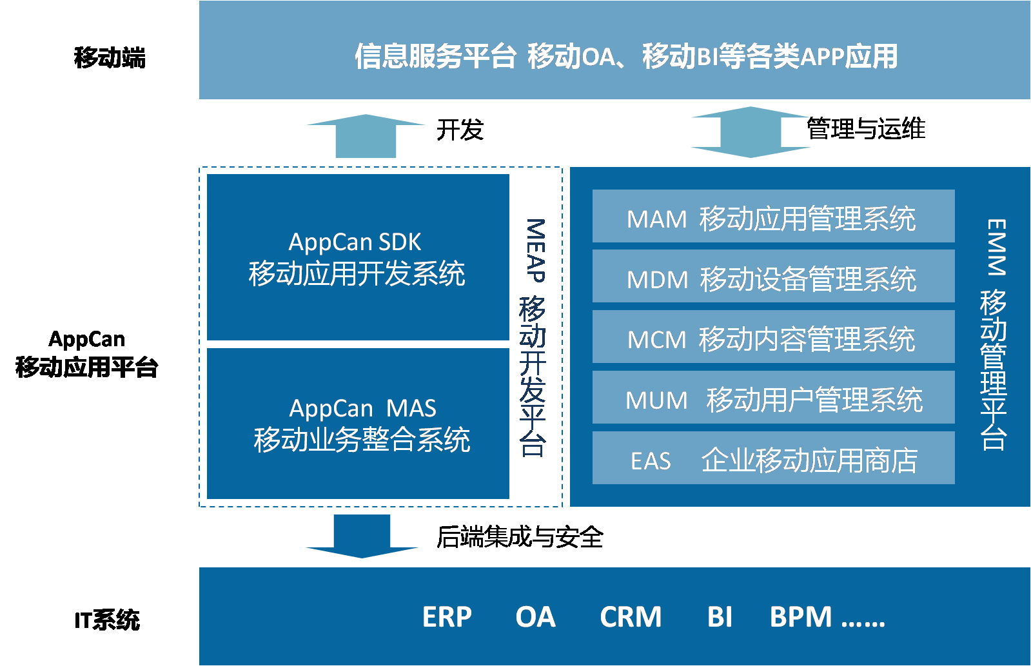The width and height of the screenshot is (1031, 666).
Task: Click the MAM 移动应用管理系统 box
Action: pyautogui.click(x=773, y=217)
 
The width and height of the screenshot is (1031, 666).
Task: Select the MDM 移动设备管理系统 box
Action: pyautogui.click(x=773, y=277)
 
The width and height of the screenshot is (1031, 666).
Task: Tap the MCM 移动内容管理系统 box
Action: pyautogui.click(x=773, y=337)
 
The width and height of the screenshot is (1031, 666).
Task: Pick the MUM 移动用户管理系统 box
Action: pyautogui.click(x=773, y=398)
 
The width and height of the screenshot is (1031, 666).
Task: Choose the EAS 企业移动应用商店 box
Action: pyautogui.click(x=773, y=458)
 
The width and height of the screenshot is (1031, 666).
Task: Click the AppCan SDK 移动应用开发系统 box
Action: pyautogui.click(x=358, y=258)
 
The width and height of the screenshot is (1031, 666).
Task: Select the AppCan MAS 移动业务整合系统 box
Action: pyautogui.click(x=358, y=424)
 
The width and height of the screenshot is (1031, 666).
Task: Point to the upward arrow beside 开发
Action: pyautogui.click(x=366, y=136)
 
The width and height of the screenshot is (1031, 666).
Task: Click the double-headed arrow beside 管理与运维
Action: pyautogui.click(x=751, y=132)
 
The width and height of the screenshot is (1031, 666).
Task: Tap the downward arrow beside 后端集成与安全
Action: pyautogui.click(x=362, y=536)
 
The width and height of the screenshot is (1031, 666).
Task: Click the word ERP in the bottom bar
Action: pyautogui.click(x=447, y=617)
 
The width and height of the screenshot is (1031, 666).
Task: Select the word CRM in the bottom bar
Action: pyautogui.click(x=631, y=617)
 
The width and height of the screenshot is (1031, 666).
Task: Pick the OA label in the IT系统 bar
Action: pyautogui.click(x=535, y=617)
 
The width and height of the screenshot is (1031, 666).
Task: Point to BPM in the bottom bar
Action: pyautogui.click(x=801, y=617)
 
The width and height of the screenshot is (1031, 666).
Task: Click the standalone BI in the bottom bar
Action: pyautogui.click(x=720, y=617)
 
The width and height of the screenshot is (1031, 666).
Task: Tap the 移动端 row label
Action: pyautogui.click(x=110, y=57)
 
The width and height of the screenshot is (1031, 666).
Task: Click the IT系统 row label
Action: pyautogui.click(x=107, y=620)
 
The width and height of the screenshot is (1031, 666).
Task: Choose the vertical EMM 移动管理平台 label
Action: pyautogui.click(x=994, y=334)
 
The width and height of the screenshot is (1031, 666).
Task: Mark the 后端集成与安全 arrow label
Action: pyautogui.click(x=520, y=537)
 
